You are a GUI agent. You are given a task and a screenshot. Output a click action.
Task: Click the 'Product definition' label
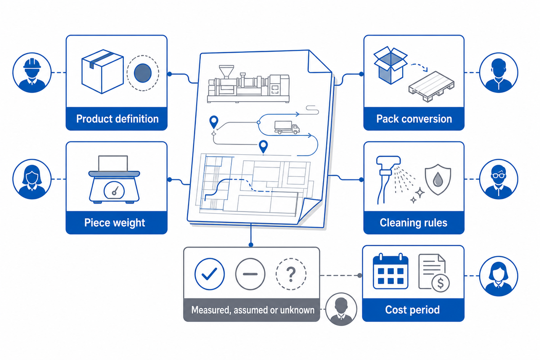pyautogui.click(x=117, y=119)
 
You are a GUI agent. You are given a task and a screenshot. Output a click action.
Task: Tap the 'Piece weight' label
pyautogui.click(x=114, y=223)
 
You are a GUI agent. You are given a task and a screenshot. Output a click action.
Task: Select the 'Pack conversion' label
pyautogui.click(x=414, y=119)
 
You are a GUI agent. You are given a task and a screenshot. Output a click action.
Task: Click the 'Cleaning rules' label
pyautogui.click(x=414, y=223)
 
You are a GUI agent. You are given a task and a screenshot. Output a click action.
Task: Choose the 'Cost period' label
pyautogui.click(x=412, y=310)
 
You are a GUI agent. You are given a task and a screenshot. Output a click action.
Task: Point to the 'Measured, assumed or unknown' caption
pyautogui.click(x=252, y=310)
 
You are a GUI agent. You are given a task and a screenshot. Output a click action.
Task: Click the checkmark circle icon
pyautogui.click(x=210, y=274)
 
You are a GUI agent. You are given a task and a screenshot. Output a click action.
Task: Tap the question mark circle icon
pyautogui.click(x=291, y=274)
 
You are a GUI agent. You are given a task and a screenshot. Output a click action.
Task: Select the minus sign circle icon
pyautogui.click(x=250, y=274)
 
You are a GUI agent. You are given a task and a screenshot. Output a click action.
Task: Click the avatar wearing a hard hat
pyautogui.click(x=32, y=72)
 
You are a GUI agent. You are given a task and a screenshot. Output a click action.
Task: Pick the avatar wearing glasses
pyautogui.click(x=499, y=179)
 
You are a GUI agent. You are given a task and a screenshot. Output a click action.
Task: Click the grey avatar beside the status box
pyautogui.click(x=341, y=309)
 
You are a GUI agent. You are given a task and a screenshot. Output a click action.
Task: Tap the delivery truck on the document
pyautogui.click(x=287, y=127)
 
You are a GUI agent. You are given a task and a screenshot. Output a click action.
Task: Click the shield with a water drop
pyautogui.click(x=438, y=180)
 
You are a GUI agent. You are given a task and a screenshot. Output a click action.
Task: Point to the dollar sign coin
pyautogui.click(x=441, y=283)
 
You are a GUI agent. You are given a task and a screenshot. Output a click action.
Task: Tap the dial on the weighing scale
pyautogui.click(x=114, y=191)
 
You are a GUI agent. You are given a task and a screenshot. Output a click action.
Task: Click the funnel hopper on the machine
pyautogui.click(x=226, y=72)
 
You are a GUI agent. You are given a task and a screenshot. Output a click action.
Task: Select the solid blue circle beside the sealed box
pyautogui.click(x=143, y=73)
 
